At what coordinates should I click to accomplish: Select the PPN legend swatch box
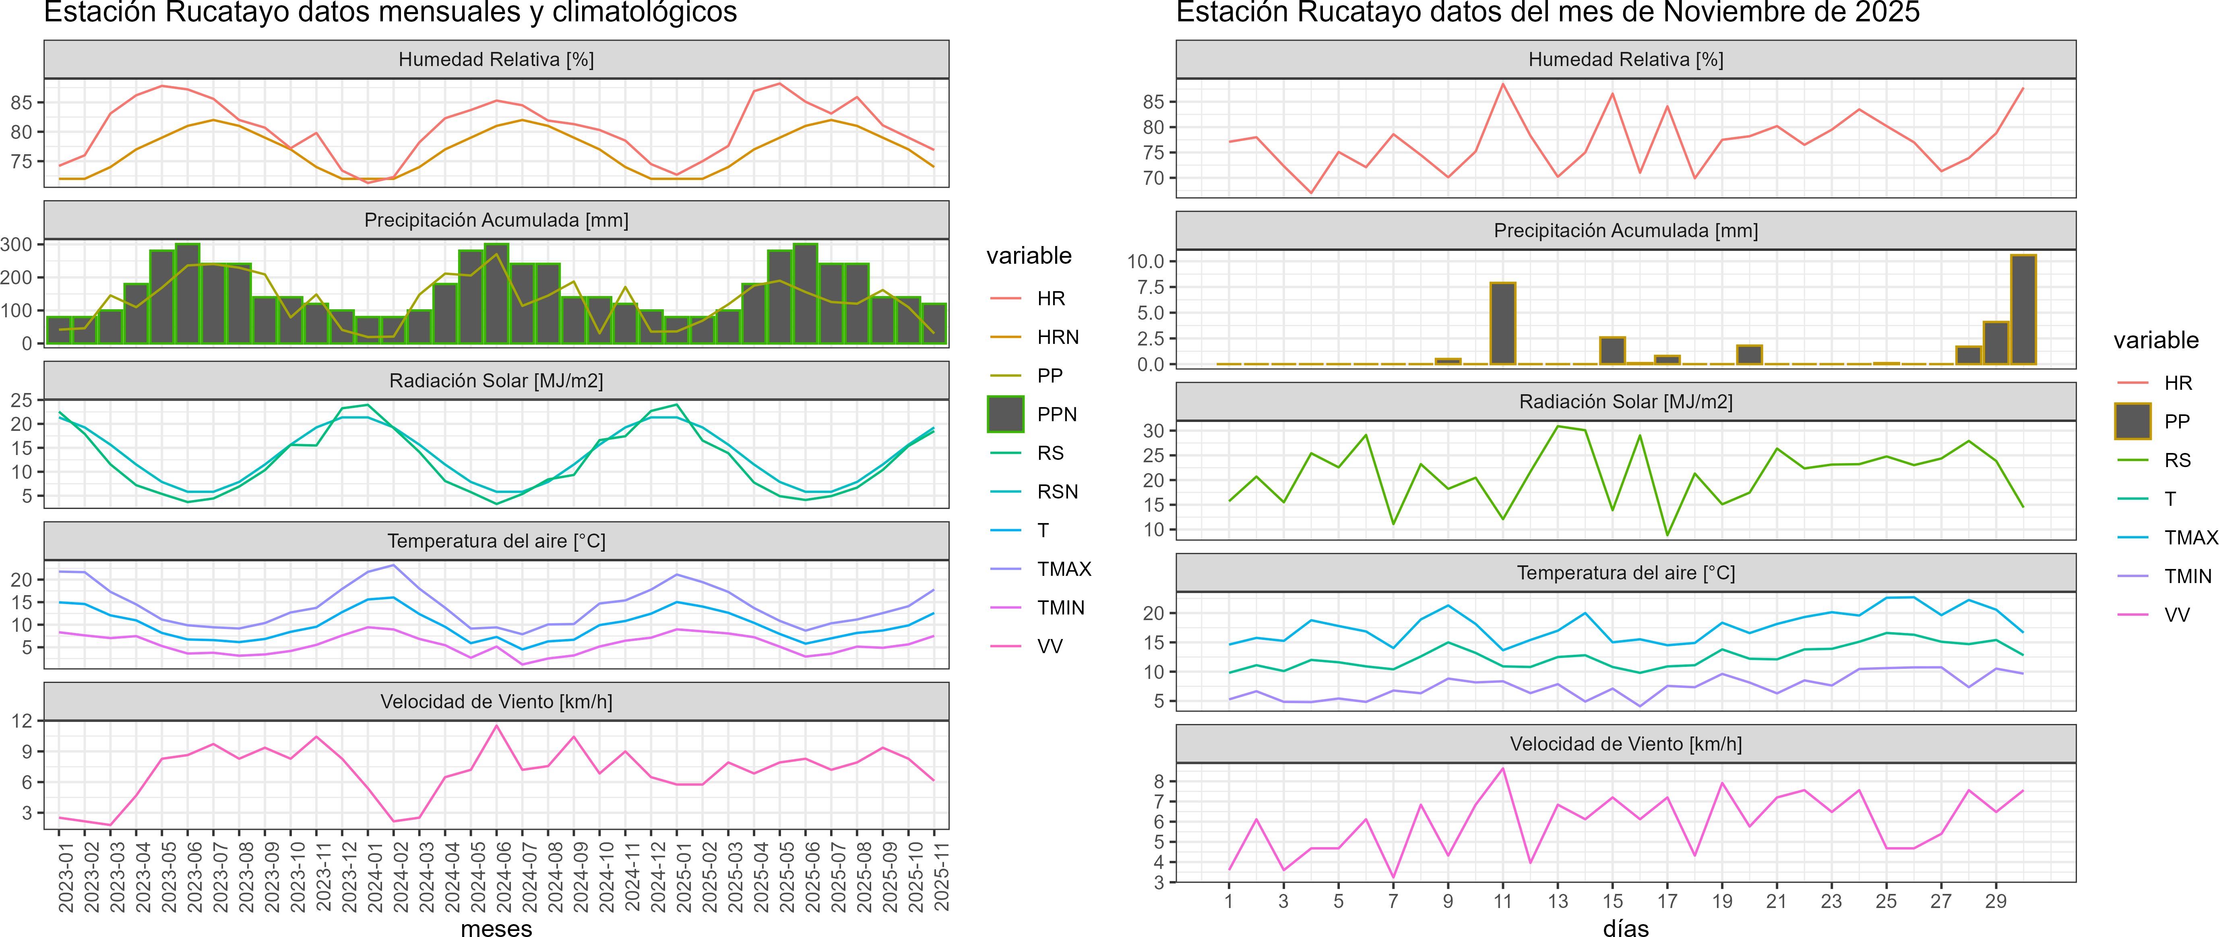[1005, 414]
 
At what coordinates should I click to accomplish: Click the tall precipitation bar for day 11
[1503, 323]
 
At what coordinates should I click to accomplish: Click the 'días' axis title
[1626, 927]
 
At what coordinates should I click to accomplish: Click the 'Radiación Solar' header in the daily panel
[1626, 401]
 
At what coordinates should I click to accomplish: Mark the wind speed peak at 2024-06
[496, 726]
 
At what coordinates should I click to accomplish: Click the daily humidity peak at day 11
[1503, 83]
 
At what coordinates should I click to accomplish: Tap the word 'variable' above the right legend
[2155, 340]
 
